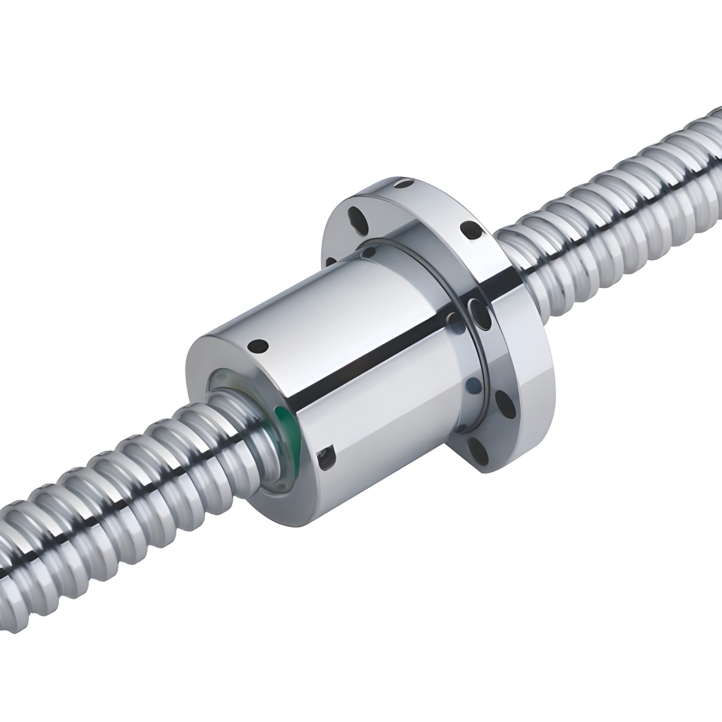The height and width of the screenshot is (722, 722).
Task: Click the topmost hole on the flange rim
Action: (x=404, y=184)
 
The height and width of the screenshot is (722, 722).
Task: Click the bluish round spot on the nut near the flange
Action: (x=472, y=383)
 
